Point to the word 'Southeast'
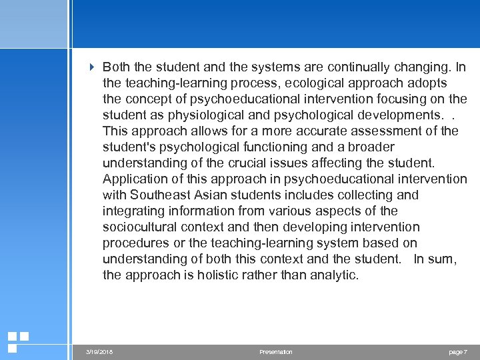click(162, 195)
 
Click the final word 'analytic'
click(335, 275)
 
